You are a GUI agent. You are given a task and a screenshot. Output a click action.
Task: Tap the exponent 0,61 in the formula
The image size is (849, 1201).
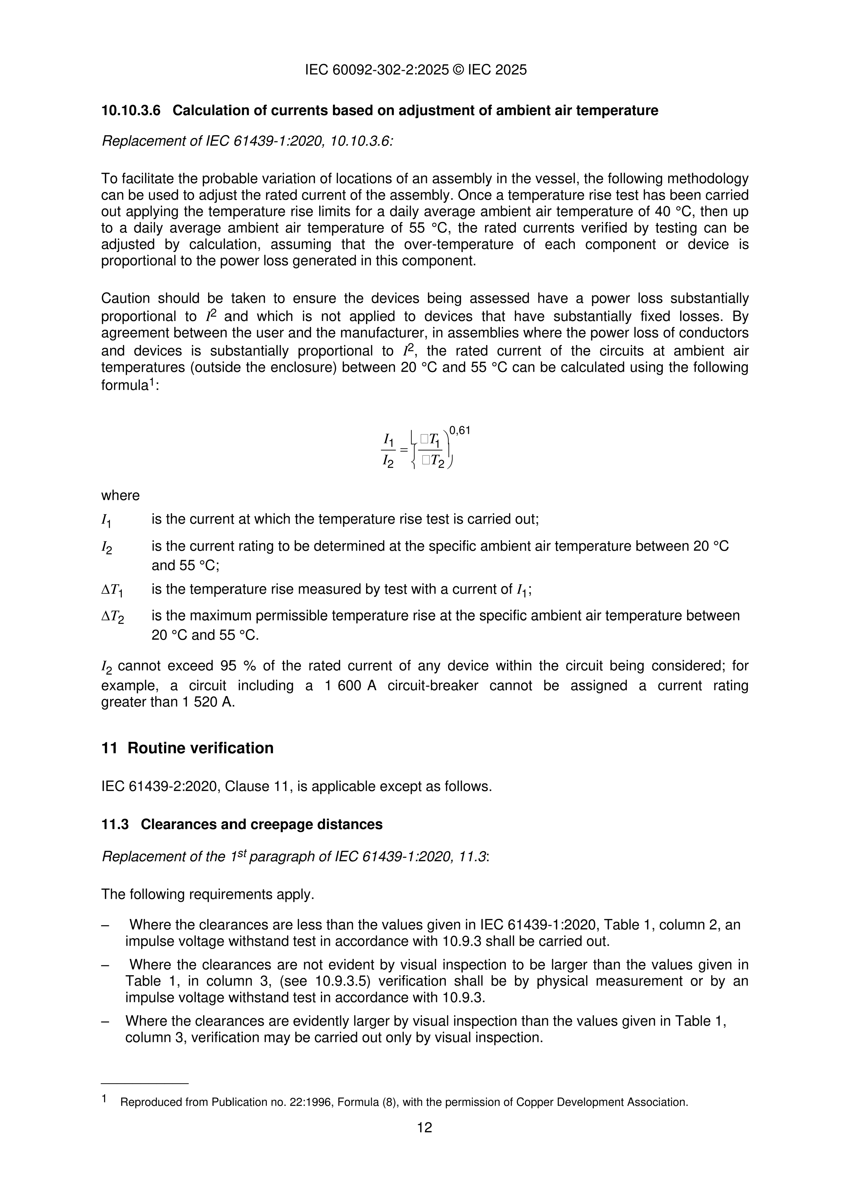tap(460, 431)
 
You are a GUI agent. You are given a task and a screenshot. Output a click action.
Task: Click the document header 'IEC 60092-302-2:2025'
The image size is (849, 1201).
tap(377, 70)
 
